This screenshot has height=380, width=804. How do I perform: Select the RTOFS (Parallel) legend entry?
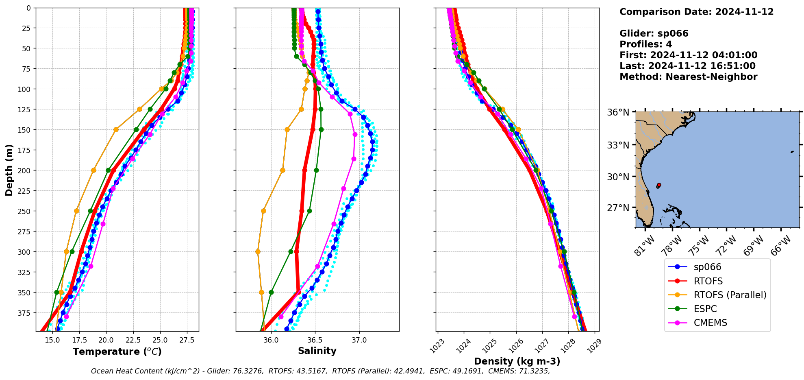730,295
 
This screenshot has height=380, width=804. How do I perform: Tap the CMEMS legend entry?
710,323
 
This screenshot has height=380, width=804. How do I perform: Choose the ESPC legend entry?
705,309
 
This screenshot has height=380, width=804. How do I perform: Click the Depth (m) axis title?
9,170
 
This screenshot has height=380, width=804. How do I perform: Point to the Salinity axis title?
317,351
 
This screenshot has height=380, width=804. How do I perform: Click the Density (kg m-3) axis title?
517,361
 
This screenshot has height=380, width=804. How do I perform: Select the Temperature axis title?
117,352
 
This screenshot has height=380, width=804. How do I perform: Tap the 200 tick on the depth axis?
25,170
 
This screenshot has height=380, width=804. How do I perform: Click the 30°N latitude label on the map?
618,177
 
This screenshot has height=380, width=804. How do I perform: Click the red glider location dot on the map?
658,185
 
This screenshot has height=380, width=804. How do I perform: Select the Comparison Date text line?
696,12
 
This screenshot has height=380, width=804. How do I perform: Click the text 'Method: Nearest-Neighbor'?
688,77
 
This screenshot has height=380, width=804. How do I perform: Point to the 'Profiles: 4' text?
645,44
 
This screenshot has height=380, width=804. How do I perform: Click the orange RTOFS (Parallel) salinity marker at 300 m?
258,251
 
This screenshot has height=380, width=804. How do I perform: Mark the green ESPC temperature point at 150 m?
137,130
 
